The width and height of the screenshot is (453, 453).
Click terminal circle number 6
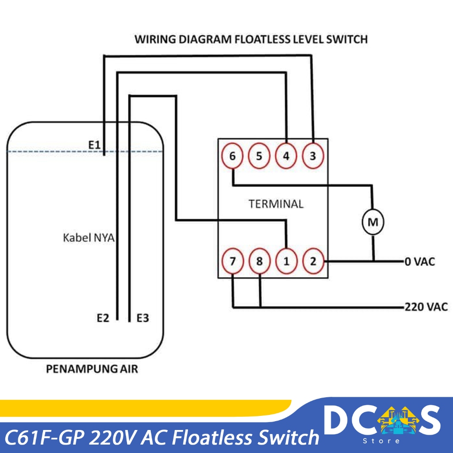point(233,156)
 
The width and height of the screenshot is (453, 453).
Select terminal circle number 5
point(259,156)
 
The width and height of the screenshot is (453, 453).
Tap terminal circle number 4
point(286,156)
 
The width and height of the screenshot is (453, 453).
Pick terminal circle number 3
point(313,156)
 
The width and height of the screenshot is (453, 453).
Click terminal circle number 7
point(233,261)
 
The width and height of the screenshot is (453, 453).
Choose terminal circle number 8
point(259,261)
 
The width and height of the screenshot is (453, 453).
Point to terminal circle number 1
point(286,261)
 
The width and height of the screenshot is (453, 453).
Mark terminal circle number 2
point(313,261)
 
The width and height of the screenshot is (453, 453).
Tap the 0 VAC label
point(419,261)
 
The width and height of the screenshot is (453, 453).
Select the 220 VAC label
point(426,306)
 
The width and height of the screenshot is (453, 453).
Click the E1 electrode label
point(94,144)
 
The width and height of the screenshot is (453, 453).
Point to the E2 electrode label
point(103,318)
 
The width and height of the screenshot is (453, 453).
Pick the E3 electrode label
point(142,318)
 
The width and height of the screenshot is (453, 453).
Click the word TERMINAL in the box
point(276,204)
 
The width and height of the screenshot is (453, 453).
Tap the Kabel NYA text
point(88,238)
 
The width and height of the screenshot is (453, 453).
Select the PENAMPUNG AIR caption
point(92,369)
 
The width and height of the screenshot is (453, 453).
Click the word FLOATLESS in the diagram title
point(261,39)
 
